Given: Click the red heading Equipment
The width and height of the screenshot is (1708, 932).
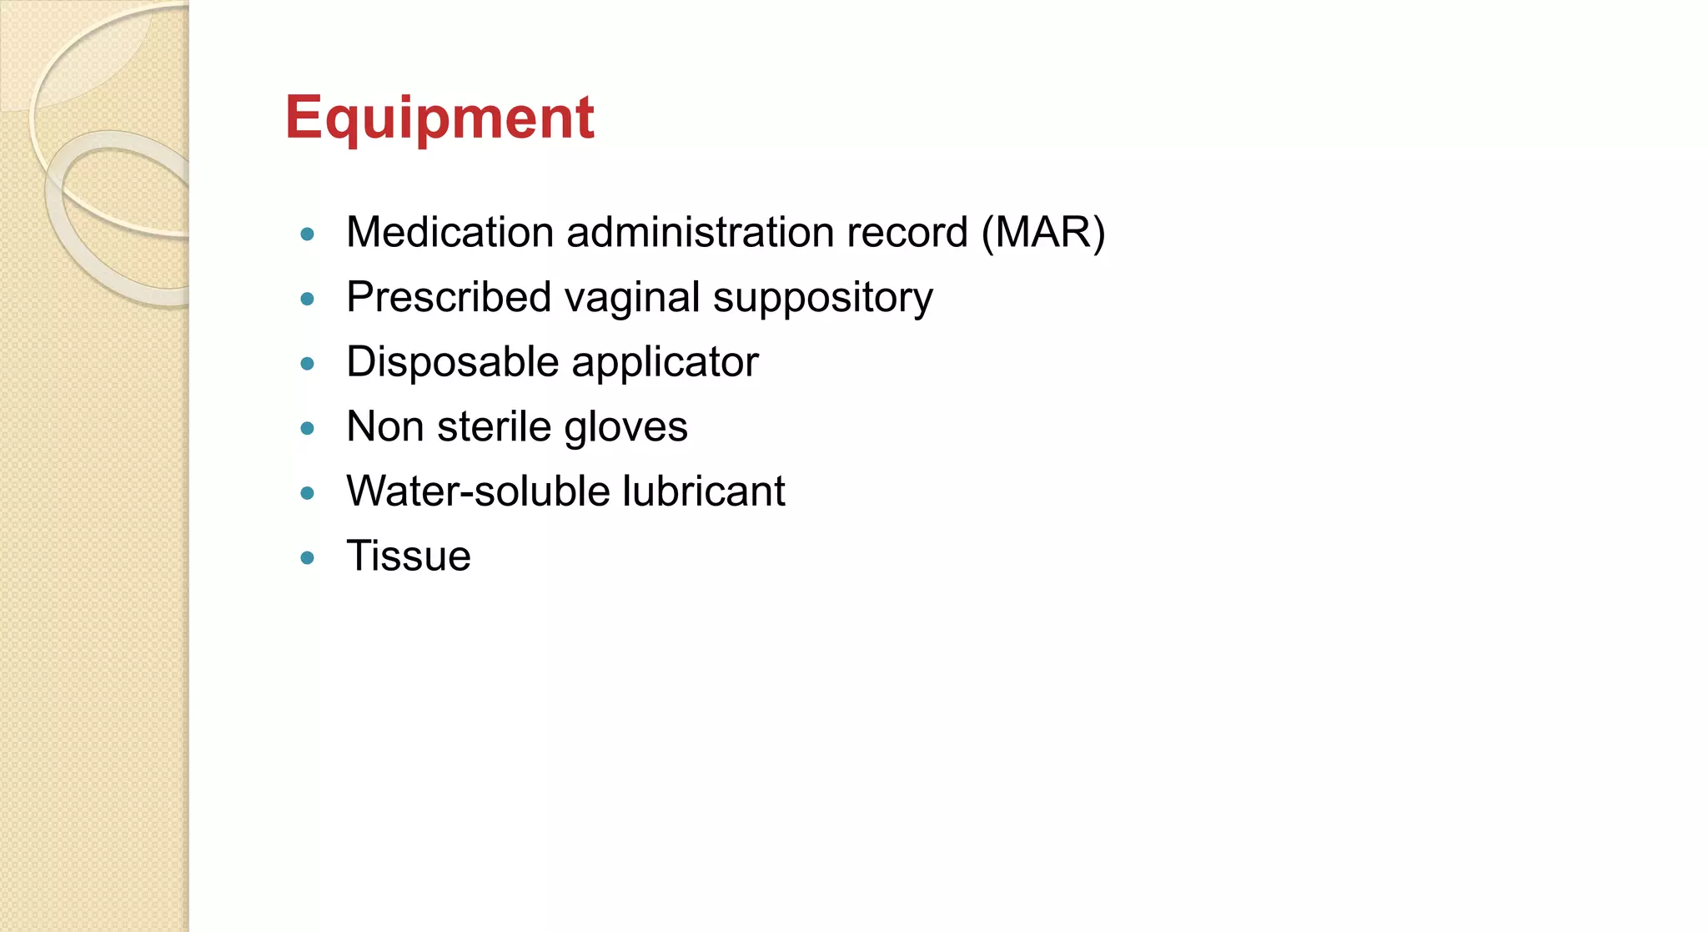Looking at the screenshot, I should [x=439, y=118].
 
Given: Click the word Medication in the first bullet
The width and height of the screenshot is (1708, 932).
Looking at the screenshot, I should [x=450, y=232].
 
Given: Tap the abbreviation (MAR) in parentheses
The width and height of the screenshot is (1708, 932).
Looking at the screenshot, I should [x=1043, y=232].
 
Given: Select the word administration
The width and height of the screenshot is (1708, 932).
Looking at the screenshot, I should [x=700, y=232].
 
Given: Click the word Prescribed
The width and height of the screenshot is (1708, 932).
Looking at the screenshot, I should [x=449, y=297].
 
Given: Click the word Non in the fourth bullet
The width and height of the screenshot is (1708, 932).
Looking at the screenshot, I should [x=384, y=426].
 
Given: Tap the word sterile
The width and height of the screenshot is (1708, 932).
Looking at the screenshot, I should [x=494, y=426].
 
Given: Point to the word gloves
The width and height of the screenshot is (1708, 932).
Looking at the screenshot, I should [x=625, y=428].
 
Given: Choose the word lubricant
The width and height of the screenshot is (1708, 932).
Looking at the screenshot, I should [x=703, y=491].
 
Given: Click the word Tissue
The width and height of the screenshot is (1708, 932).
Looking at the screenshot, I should [x=409, y=556].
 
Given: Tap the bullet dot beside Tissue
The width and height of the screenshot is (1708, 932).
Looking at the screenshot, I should [x=307, y=557].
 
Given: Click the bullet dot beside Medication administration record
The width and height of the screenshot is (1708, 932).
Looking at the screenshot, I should [x=307, y=234].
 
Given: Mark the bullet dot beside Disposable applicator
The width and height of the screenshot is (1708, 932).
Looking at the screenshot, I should [x=307, y=364].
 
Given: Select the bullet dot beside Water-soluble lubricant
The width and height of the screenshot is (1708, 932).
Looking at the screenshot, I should [x=307, y=493].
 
